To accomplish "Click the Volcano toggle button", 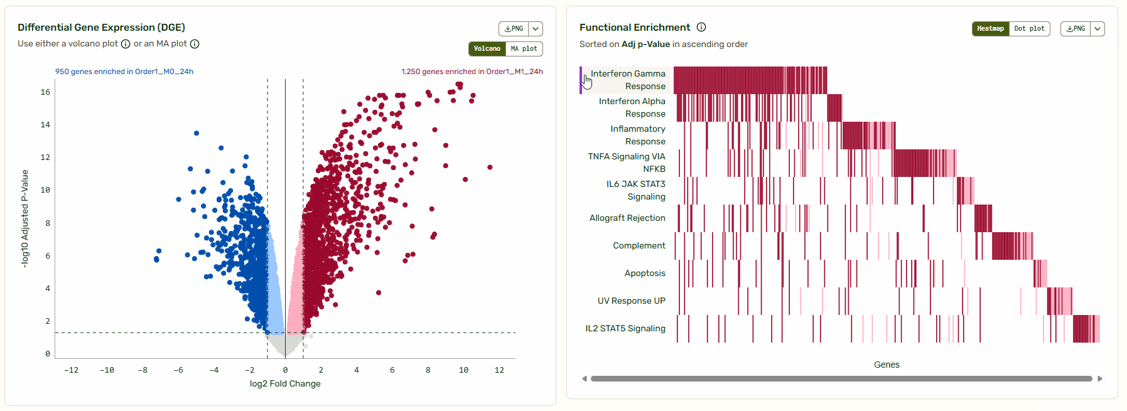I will coord(487,49).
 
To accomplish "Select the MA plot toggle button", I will coord(524,49).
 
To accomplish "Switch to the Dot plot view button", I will coord(1029,29).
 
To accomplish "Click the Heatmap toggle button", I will coord(990,29).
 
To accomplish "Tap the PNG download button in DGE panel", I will coord(514,29).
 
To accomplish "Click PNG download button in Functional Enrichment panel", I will coord(1076,29).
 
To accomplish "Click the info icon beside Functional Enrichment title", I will coord(701,27).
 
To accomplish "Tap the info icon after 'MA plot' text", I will coord(195,44).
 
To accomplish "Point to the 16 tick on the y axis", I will coord(45,92).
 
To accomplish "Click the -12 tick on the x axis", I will coord(72,370).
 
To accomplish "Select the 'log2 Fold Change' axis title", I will coord(285,383).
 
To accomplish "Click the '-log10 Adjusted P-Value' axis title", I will coord(25,219).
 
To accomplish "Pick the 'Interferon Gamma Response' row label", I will coord(628,80).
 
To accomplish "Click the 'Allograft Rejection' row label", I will coord(627,218).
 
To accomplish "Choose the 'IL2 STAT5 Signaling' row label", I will coord(625,328).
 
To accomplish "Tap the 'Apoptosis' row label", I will coord(645,273).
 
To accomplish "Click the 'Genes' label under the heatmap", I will coord(887,365).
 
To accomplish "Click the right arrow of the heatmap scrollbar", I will coord(1099,378).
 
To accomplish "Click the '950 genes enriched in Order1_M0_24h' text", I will coord(124,72).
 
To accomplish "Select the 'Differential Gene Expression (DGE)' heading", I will coord(101,27).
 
